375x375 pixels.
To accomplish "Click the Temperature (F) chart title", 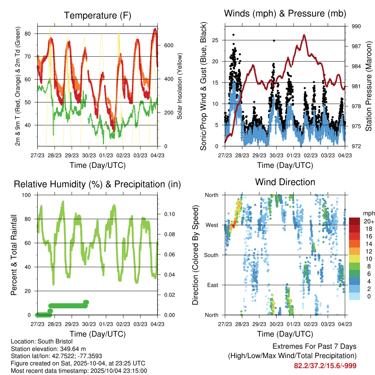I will coord(97,15).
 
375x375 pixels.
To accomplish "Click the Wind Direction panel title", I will coord(285,182).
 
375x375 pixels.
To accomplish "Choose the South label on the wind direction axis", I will coord(211,255).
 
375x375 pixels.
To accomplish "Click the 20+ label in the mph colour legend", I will coord(368,221).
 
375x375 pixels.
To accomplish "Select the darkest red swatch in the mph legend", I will coord(355,221).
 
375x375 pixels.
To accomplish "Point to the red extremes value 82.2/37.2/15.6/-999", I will coord(325,365).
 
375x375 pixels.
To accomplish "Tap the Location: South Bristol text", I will coord(42,341).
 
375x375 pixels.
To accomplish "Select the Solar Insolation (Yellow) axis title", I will coord(180,86).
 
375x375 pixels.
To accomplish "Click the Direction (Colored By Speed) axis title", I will coord(195,255).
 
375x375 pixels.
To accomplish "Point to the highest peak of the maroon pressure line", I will coord(304,35).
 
